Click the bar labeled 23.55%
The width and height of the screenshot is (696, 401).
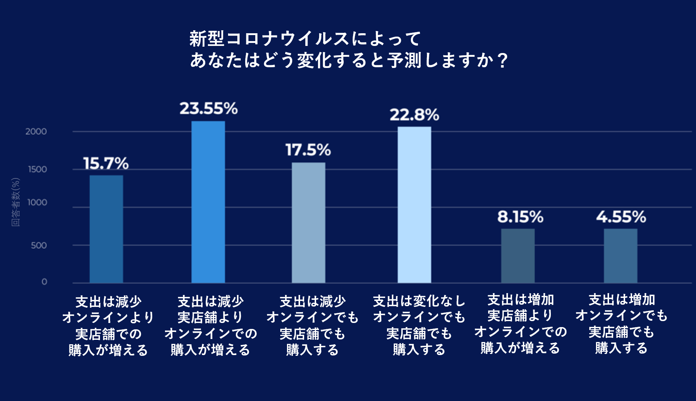[x=208, y=202]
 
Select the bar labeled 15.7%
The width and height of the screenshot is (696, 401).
[x=106, y=229]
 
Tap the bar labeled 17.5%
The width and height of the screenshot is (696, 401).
[x=309, y=223]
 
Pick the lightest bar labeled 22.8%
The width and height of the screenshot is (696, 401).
[x=414, y=205]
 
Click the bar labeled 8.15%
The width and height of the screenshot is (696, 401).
[x=518, y=256]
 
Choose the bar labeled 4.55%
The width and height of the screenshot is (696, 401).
[x=621, y=256]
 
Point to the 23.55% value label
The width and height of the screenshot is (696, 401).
[x=209, y=109]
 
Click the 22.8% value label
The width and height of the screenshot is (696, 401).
[x=414, y=115]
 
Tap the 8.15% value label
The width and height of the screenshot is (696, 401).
[x=520, y=217]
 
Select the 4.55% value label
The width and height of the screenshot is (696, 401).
[x=621, y=217]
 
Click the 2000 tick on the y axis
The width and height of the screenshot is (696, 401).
[x=36, y=131]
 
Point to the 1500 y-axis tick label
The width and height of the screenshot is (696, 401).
[x=37, y=170]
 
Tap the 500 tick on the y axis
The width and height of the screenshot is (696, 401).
[x=39, y=245]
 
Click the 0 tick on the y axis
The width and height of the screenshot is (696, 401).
[x=44, y=282]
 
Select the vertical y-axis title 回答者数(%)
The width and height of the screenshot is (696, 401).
[x=16, y=202]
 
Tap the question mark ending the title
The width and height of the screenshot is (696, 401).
[x=503, y=60]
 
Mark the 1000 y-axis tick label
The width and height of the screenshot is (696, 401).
[x=37, y=202]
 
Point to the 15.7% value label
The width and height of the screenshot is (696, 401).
[x=106, y=164]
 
